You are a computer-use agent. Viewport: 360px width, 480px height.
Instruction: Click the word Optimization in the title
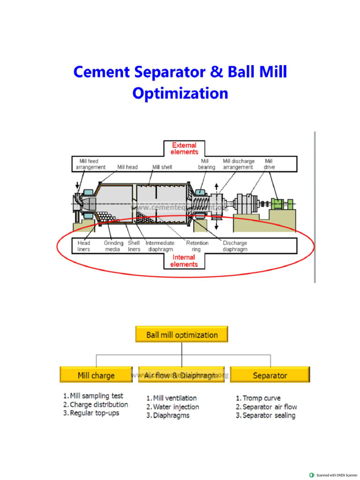(180, 93)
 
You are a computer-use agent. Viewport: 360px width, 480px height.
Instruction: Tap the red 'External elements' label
(184, 148)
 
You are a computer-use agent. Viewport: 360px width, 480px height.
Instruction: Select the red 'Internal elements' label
(184, 261)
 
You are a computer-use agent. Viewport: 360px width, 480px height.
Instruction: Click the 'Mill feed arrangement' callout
(90, 164)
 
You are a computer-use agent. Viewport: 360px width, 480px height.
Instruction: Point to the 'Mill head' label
(127, 167)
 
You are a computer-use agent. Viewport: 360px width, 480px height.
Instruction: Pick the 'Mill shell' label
(162, 167)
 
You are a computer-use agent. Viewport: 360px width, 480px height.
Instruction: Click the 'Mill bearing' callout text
(206, 164)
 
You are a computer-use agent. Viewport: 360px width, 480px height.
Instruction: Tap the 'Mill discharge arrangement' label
(239, 164)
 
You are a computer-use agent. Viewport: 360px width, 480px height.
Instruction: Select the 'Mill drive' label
(269, 164)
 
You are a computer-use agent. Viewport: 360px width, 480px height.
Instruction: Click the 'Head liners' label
(84, 246)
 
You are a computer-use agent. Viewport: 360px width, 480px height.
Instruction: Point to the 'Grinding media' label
(113, 246)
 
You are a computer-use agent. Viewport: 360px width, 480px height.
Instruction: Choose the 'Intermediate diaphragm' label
(160, 246)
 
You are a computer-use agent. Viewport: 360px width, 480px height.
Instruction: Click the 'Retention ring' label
(196, 246)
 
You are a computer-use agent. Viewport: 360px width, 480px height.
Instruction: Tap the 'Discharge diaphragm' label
(235, 246)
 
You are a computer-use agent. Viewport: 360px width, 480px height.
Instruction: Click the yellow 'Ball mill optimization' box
(182, 335)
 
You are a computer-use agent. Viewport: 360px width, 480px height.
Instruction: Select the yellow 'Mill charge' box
(96, 375)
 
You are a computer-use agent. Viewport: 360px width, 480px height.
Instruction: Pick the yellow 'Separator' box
(270, 375)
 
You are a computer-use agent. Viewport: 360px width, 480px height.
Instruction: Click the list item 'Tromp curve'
(261, 398)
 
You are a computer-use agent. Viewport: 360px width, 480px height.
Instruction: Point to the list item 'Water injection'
(176, 407)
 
